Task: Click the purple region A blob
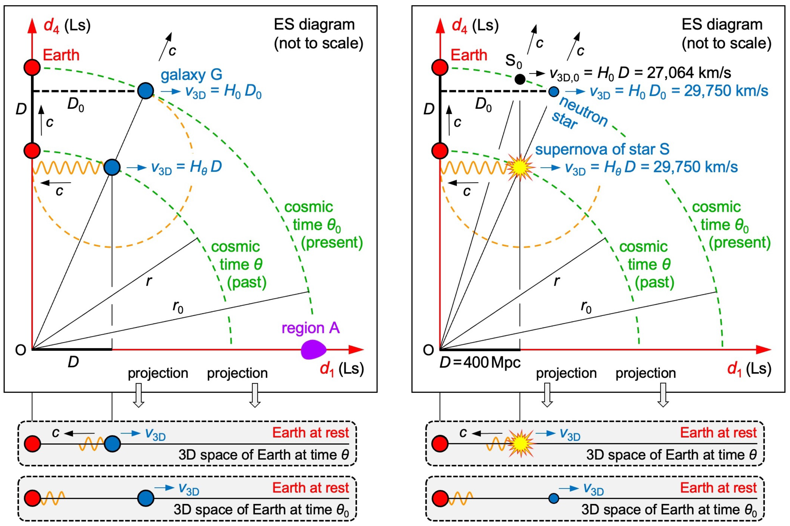click(313, 350)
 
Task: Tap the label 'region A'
click(311, 328)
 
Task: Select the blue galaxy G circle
click(145, 91)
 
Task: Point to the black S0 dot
click(520, 79)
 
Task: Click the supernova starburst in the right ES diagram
click(520, 167)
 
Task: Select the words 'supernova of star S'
click(602, 149)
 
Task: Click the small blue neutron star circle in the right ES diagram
click(554, 91)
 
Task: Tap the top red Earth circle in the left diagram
click(32, 67)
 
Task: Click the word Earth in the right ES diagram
click(469, 55)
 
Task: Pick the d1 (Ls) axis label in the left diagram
click(342, 369)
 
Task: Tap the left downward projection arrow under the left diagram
click(138, 395)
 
